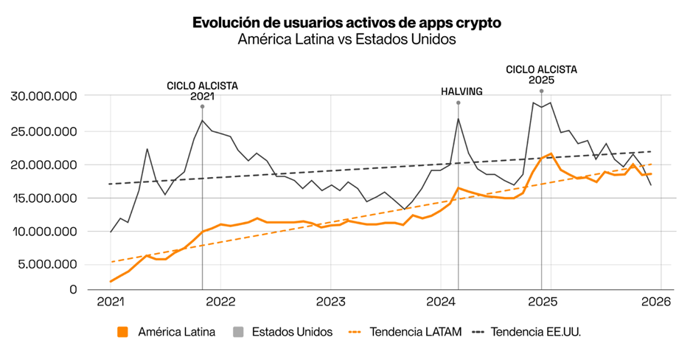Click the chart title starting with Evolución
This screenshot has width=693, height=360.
click(346, 23)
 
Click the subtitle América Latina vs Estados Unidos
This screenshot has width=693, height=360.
click(346, 40)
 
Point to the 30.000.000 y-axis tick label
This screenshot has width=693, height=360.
click(45, 97)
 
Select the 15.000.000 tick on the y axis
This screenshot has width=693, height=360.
click(45, 198)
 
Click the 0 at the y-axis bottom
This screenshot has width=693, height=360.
click(73, 289)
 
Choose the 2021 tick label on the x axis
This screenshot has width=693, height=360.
click(110, 302)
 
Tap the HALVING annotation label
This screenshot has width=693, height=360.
click(462, 91)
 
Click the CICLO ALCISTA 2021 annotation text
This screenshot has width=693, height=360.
click(202, 91)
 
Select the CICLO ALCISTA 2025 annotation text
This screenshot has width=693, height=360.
click(541, 75)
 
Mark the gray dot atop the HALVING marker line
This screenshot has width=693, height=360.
click(458, 103)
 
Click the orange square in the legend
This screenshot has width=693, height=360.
click(123, 332)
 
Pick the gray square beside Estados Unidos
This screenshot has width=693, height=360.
click(237, 332)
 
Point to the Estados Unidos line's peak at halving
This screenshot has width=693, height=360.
click(458, 119)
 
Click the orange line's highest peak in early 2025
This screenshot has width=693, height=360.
click(551, 154)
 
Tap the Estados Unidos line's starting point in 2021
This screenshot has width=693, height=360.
click(111, 232)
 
